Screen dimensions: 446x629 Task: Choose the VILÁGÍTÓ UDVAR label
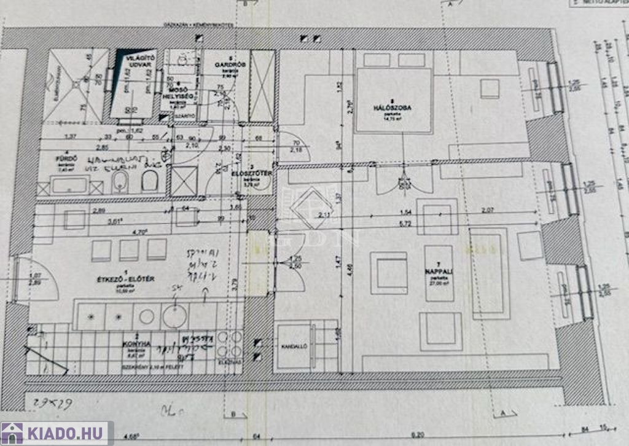[x=138, y=61]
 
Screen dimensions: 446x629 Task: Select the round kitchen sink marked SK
[x=176, y=316]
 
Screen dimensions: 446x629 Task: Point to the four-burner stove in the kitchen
[x=230, y=346]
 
